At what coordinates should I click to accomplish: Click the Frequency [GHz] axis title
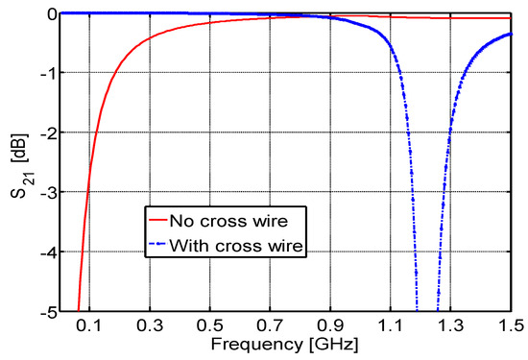tap(285, 344)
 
